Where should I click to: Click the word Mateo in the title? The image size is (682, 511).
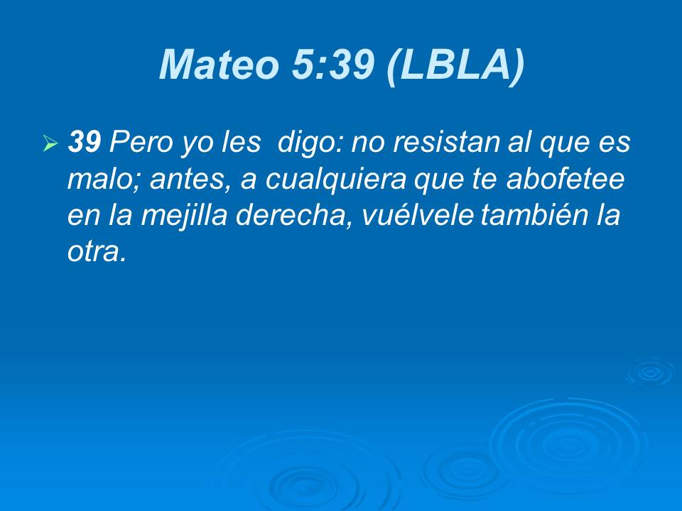coord(218,65)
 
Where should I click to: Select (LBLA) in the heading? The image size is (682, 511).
coord(455,65)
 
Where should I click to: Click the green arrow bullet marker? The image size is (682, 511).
coord(49,143)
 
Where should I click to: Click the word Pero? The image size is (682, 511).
coord(135,143)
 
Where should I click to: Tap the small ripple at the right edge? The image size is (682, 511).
coord(649,372)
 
